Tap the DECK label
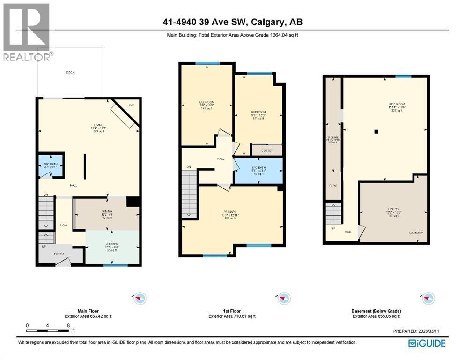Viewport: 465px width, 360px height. (x=70, y=72)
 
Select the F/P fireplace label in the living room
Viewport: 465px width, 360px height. (x=131, y=105)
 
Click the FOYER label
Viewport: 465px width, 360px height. (x=59, y=254)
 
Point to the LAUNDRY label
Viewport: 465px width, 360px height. (x=415, y=233)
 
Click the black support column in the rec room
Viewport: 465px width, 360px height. (x=376, y=132)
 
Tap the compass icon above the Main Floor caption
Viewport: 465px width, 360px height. (x=140, y=297)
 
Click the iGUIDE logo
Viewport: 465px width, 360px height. (x=427, y=343)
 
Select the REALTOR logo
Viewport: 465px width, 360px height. (x=26, y=33)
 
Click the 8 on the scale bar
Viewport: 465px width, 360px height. (x=68, y=325)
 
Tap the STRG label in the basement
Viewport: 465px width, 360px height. (x=333, y=186)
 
